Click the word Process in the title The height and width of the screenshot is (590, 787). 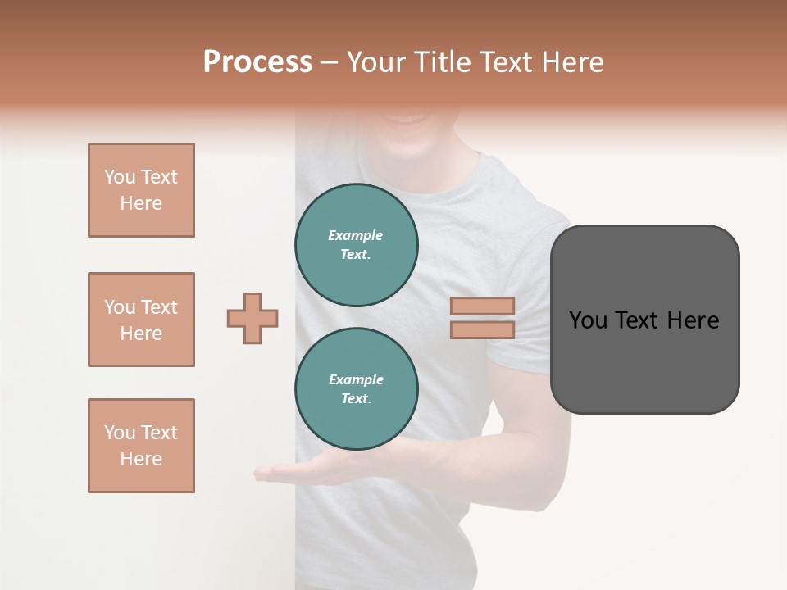(x=257, y=62)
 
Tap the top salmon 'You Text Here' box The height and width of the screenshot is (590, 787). (x=141, y=190)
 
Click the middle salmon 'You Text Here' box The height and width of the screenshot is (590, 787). (x=141, y=320)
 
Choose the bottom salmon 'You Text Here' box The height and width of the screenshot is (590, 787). (x=141, y=446)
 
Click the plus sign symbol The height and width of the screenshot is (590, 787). (x=252, y=318)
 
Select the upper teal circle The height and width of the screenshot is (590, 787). (x=357, y=244)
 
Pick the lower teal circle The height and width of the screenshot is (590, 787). (x=357, y=388)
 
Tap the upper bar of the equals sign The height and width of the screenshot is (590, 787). (x=482, y=306)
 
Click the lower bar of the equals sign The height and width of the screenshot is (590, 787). (x=482, y=329)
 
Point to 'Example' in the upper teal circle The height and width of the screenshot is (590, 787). (x=355, y=235)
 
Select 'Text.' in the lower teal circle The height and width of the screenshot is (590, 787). (x=356, y=398)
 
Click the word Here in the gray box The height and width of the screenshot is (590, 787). (x=693, y=320)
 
